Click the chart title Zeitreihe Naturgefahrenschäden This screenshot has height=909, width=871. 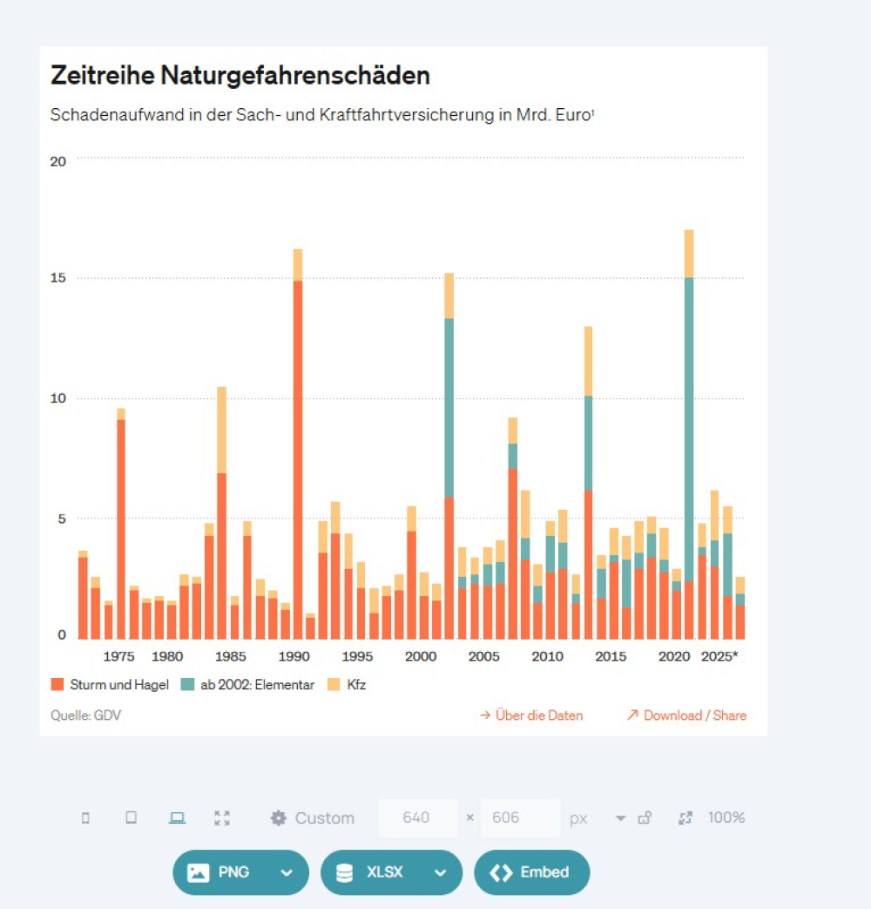240,76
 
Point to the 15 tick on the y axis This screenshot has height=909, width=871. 60,279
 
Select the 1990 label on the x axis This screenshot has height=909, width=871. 294,656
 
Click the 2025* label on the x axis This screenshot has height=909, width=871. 719,656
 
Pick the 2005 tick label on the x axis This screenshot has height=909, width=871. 484,656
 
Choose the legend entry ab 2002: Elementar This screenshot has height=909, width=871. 248,685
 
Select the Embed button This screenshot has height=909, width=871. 531,872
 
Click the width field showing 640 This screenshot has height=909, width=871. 417,818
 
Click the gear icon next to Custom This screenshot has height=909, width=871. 279,818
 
